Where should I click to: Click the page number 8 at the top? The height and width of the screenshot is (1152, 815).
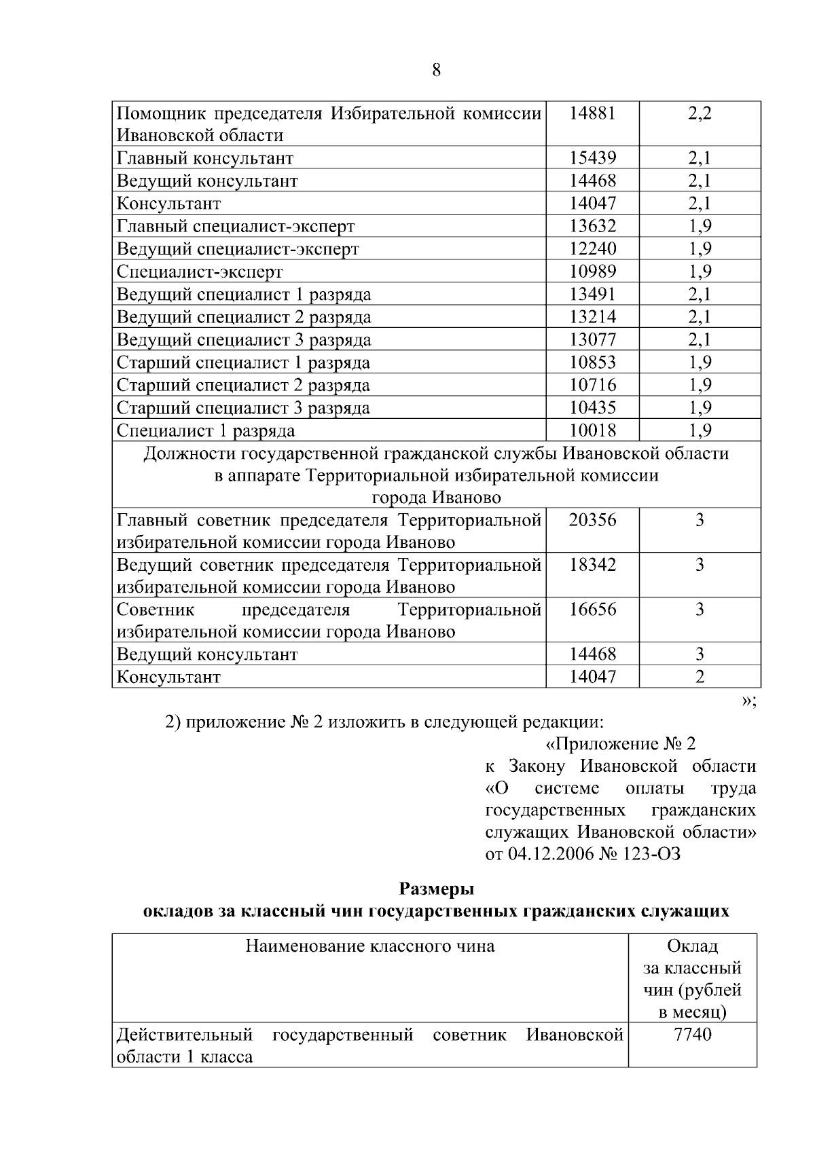point(436,71)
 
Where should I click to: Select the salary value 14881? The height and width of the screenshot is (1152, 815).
point(592,113)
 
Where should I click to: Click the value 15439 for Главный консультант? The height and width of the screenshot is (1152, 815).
point(592,159)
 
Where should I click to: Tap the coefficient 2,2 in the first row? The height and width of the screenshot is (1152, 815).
point(700,113)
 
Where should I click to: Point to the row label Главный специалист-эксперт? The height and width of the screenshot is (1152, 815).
point(236,227)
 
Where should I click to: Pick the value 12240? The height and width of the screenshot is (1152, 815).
point(592,249)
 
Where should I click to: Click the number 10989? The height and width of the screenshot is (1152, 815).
point(592,272)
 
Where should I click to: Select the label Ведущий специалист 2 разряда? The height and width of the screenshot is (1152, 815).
point(244,318)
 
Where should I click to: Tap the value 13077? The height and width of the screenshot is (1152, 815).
point(592,340)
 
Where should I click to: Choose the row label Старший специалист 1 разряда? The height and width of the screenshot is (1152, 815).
point(243,363)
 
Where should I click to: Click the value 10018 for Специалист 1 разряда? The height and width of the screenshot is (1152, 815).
point(592,431)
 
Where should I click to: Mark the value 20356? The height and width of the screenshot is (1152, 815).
point(592,521)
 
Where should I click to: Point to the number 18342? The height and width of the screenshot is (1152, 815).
point(592,565)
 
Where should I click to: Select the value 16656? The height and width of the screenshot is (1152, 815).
point(592,610)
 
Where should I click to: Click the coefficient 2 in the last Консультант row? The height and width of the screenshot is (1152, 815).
point(700,677)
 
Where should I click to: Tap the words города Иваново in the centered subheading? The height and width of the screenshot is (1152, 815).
point(436,498)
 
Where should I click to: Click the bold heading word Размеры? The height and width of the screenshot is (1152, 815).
point(436,889)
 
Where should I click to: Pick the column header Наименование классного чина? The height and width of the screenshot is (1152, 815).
point(370,946)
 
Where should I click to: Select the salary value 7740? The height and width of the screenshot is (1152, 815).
point(692,1035)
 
